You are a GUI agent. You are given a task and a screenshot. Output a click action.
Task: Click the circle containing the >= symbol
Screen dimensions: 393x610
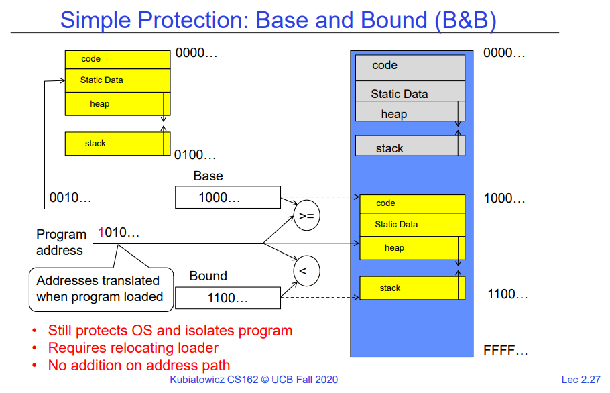point(306,216)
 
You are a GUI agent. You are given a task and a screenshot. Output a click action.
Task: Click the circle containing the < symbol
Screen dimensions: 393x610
point(306,271)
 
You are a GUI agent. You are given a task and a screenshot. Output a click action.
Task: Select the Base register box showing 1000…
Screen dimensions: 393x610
point(228,197)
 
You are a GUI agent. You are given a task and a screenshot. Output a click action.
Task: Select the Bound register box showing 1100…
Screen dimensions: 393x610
point(228,298)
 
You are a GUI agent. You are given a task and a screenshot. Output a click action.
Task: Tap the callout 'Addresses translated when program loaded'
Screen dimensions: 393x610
point(101,289)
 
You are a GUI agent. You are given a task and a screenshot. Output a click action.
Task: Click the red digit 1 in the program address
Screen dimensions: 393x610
point(101,233)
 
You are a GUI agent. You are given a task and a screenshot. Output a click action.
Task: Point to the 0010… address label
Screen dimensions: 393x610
point(70,198)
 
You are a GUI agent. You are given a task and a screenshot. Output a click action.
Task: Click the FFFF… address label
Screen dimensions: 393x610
point(505,350)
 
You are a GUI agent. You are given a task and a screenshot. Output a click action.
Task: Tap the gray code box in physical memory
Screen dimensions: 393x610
point(410,68)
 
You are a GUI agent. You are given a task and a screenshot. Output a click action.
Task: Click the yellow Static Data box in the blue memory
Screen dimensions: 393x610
point(412,225)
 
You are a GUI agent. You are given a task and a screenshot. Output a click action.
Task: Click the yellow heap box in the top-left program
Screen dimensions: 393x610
point(114,104)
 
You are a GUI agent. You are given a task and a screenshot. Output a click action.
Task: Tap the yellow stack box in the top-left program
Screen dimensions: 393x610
point(114,144)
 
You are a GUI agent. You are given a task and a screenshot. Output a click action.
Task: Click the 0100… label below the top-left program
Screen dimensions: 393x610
point(195,156)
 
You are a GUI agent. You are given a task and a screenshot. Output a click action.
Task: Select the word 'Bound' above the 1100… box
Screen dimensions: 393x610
point(208,276)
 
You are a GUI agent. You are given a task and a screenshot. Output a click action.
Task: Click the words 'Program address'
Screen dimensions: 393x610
point(61,242)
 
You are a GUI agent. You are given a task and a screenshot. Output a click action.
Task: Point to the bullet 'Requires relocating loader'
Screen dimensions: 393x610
point(133,347)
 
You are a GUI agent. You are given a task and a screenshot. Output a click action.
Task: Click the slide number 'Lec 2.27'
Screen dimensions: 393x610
point(581,380)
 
